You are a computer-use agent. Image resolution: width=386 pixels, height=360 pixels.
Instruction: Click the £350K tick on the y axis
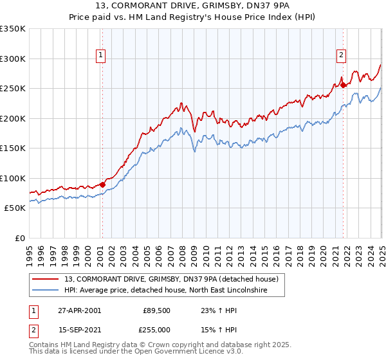pos(13,29)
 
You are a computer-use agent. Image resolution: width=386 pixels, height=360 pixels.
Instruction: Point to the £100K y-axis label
pos(13,178)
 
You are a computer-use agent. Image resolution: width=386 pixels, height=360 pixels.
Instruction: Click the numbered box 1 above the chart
pos(102,56)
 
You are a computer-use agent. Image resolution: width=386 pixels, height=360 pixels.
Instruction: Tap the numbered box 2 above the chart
pos(340,56)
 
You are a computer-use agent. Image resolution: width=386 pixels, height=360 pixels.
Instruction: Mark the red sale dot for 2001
pos(103,184)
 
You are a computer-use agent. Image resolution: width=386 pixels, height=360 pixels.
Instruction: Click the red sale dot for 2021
pos(344,85)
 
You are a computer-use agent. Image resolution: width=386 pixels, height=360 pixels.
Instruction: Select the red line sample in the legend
pos(46,279)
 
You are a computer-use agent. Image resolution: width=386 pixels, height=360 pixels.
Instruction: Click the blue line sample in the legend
pos(46,291)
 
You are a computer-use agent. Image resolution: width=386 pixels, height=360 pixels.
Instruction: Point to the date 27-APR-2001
pos(79,310)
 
